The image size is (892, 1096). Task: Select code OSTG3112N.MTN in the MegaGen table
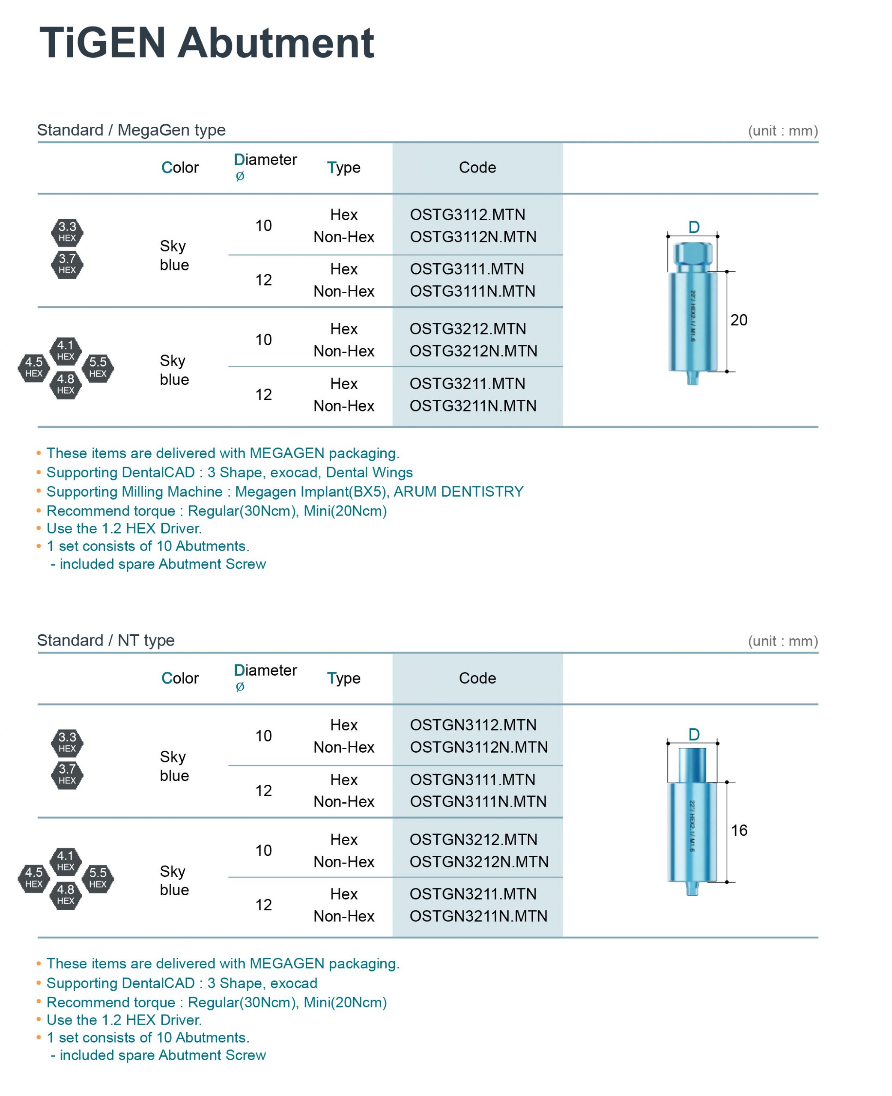(473, 237)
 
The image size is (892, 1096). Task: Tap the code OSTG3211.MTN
(467, 384)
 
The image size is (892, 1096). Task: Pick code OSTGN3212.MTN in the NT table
(473, 839)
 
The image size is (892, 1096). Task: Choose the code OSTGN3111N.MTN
(478, 801)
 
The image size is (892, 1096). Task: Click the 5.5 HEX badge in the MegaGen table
(98, 368)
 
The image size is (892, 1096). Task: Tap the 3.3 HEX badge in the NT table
(67, 742)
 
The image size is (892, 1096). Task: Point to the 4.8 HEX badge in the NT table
(66, 895)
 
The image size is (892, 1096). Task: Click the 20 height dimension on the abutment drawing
(738, 320)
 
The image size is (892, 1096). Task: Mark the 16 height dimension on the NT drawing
(739, 830)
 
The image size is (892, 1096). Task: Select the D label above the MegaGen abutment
(694, 227)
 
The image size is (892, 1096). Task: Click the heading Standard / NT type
(106, 640)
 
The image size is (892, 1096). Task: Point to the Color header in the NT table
(180, 678)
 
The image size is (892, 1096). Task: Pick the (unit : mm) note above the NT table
(782, 641)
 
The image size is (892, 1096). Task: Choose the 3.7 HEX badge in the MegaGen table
(67, 264)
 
